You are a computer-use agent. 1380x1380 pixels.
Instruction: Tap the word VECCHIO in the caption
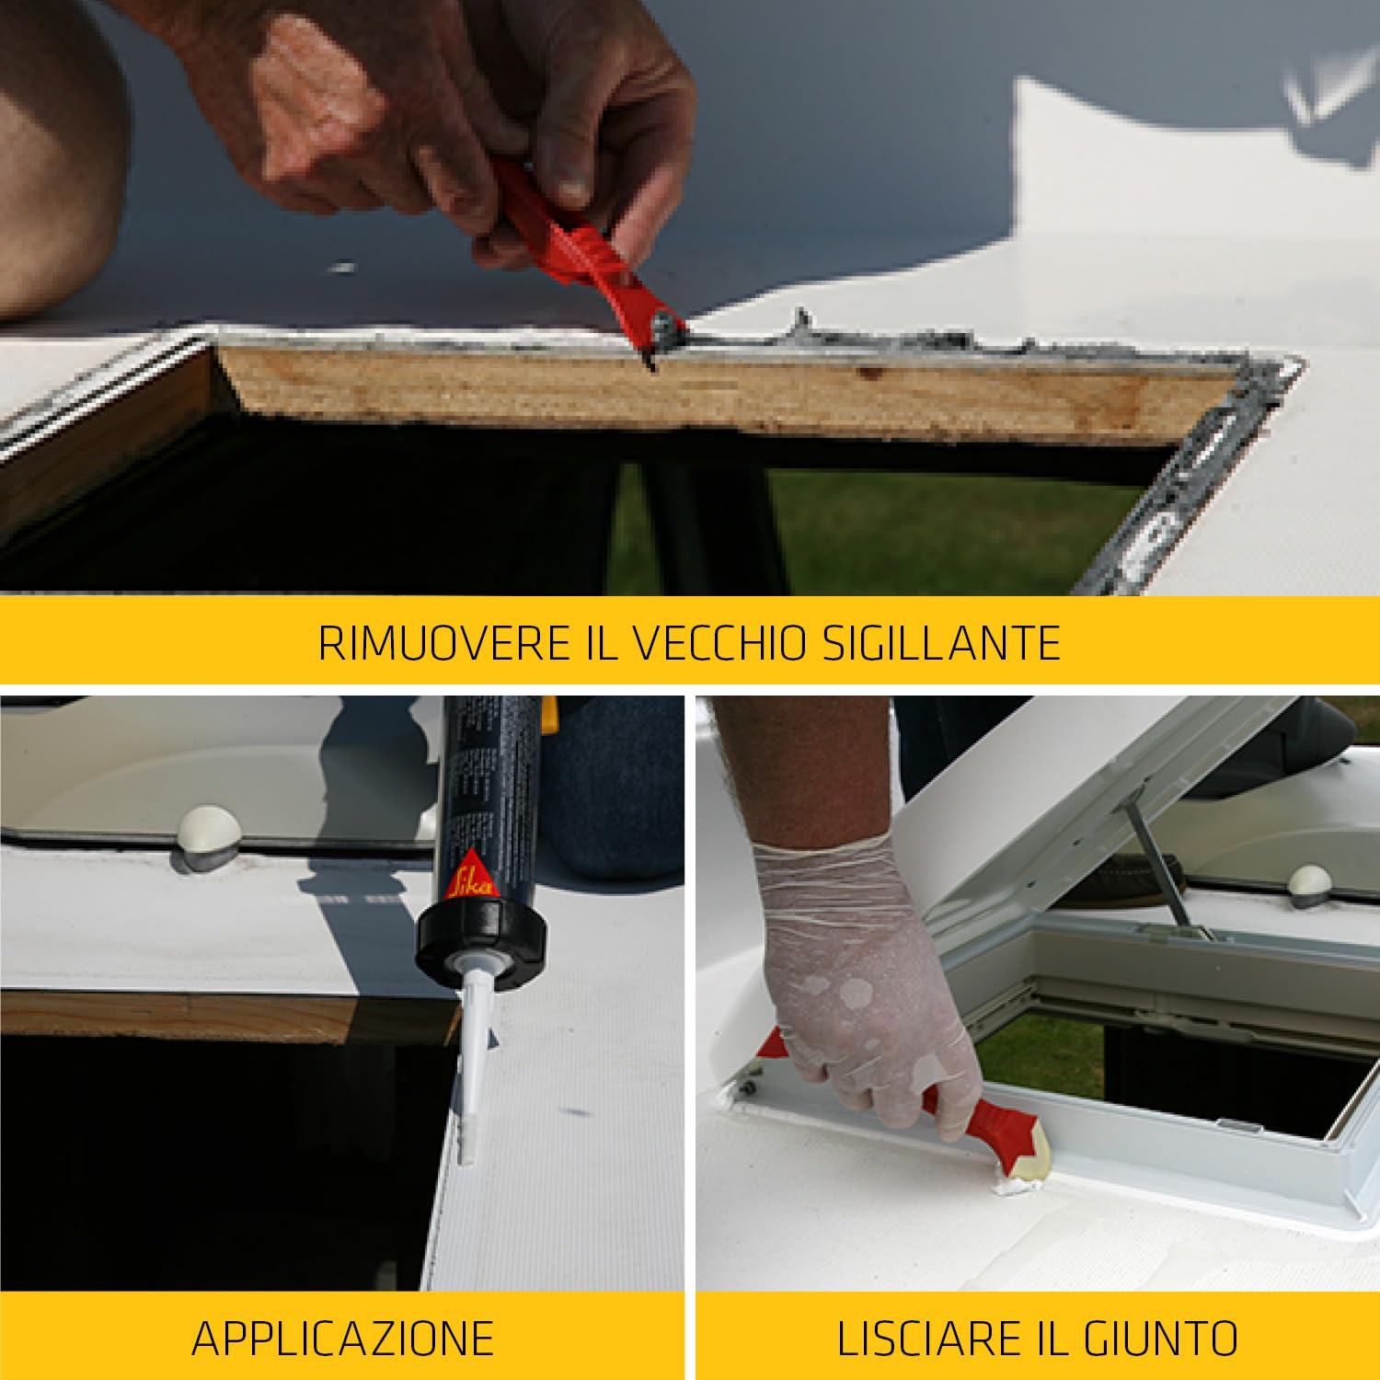720,642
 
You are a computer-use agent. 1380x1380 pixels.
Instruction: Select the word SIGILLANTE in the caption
941,642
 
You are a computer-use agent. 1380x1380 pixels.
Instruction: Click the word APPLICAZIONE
342,1338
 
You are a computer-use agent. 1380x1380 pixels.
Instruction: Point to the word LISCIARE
930,1338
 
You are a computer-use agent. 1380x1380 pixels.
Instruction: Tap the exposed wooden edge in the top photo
727,391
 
